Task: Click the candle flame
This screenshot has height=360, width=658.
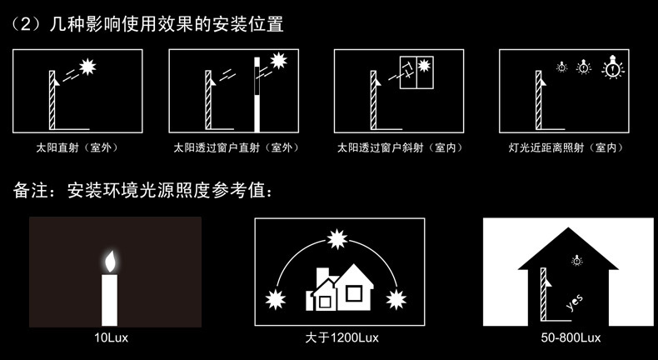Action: [x=109, y=262]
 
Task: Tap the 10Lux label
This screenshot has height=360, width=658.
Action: [x=112, y=337]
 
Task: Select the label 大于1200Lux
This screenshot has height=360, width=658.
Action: [x=342, y=337]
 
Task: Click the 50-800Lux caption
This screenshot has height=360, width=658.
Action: [x=571, y=337]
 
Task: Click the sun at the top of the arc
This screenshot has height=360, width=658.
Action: [x=337, y=239]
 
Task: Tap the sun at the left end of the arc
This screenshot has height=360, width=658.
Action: [x=276, y=300]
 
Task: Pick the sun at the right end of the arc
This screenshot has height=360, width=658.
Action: [x=396, y=300]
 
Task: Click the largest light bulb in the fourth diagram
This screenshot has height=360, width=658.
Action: [x=613, y=67]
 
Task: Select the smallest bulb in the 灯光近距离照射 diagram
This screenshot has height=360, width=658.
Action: [x=562, y=67]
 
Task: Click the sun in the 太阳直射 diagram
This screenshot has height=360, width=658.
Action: [x=87, y=66]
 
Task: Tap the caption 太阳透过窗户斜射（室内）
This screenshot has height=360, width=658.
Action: [x=401, y=147]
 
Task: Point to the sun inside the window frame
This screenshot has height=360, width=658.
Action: [x=424, y=65]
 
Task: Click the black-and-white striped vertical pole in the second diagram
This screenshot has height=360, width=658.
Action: [x=257, y=95]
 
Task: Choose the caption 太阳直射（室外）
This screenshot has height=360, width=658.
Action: [x=77, y=147]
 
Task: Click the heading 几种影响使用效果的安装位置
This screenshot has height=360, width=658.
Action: [x=167, y=25]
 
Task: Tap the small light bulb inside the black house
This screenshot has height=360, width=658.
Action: [x=577, y=261]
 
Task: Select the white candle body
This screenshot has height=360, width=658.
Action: [x=109, y=300]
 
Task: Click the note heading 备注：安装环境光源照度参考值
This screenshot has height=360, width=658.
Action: [x=142, y=191]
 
